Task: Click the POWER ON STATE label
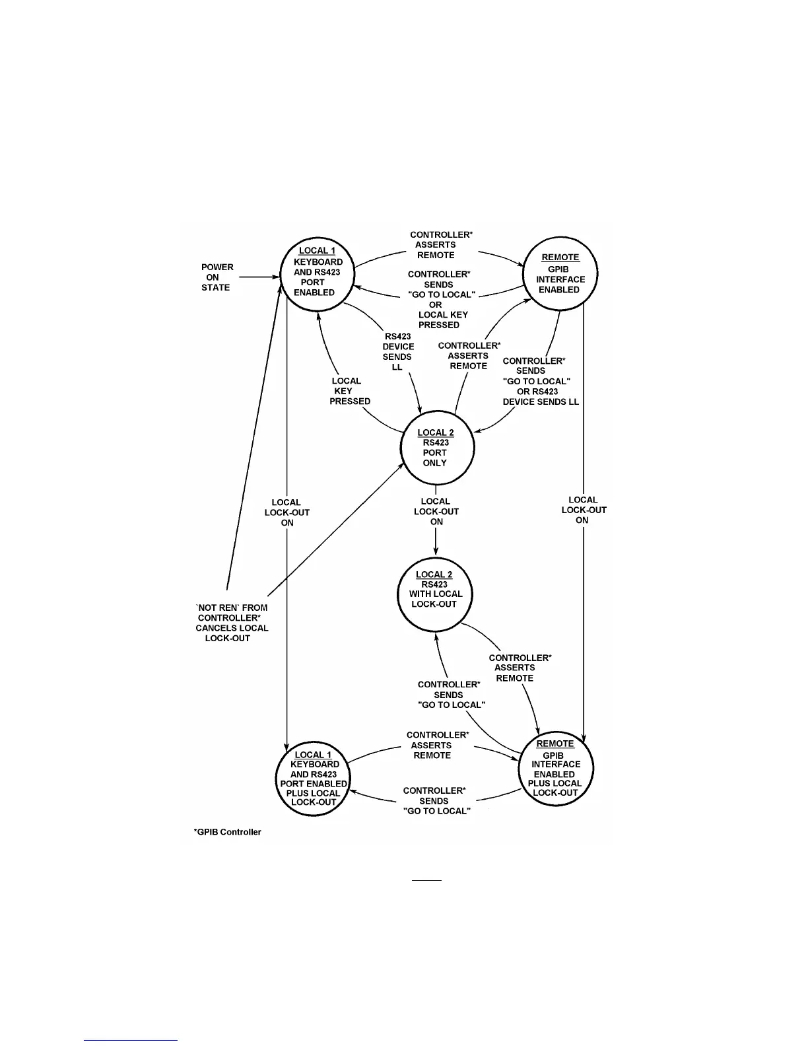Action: click(217, 277)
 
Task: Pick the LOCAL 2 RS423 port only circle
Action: click(436, 448)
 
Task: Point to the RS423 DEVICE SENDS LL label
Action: click(397, 351)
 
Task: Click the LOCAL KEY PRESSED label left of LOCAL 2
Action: click(349, 391)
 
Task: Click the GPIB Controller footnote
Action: click(228, 832)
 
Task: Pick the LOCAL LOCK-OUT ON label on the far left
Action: click(287, 512)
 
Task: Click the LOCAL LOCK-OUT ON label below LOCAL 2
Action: click(436, 511)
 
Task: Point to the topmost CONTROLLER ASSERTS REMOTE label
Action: click(440, 245)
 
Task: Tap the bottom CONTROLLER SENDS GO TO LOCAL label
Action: click(436, 800)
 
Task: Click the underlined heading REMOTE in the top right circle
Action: click(560, 258)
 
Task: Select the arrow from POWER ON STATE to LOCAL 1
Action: click(258, 277)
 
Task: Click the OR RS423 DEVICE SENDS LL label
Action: click(541, 396)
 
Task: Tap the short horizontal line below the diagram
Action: click(426, 880)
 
